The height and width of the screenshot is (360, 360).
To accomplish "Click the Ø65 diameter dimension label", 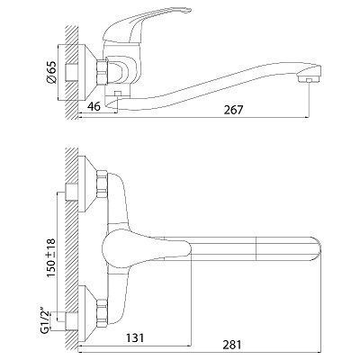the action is click(x=51, y=72).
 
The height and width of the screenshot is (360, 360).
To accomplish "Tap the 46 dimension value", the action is click(x=94, y=107).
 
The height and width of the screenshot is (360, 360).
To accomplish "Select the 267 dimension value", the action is click(x=233, y=110).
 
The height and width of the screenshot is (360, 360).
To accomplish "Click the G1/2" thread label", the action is click(x=46, y=321).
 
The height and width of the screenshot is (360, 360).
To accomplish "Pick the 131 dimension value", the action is click(x=135, y=338).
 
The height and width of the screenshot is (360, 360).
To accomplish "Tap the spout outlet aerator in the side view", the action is click(x=309, y=79).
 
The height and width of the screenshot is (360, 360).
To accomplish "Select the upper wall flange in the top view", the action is click(x=87, y=184).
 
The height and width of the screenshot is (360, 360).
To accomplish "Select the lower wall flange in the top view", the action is click(x=87, y=315).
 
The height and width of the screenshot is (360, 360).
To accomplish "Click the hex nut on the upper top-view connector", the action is click(x=102, y=184).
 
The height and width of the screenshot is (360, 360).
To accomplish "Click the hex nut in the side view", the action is click(x=102, y=72).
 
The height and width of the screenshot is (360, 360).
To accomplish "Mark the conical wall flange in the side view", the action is click(x=87, y=72).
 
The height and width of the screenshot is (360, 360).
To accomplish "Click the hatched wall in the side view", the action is click(x=71, y=72).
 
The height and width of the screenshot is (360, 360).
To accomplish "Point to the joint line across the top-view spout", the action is click(x=256, y=247).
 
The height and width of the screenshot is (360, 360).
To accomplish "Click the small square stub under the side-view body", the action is click(x=117, y=94).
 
